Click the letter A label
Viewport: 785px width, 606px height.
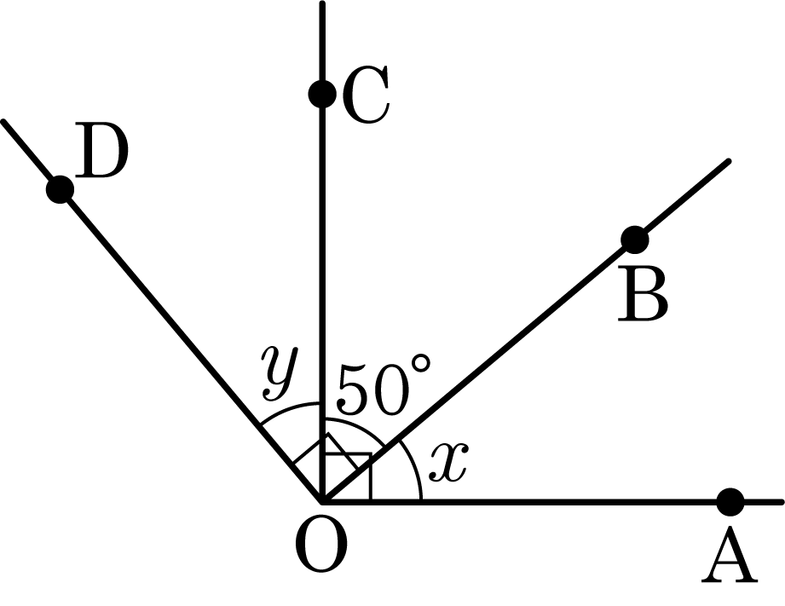click(729, 554)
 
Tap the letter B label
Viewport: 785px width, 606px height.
click(643, 294)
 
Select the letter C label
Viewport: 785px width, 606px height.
click(366, 94)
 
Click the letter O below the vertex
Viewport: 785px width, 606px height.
click(321, 545)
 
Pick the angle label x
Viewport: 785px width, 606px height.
click(449, 462)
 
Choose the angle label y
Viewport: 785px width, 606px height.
click(280, 372)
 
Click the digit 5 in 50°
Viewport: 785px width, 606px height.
click(355, 390)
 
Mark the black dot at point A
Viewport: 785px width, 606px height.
click(730, 501)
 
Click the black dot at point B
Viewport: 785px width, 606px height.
click(635, 240)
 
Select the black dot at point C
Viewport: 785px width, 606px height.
click(322, 94)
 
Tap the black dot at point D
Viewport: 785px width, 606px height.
click(60, 190)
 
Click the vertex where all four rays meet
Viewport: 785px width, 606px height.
click(322, 501)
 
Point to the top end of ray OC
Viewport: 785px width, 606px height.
click(322, 3)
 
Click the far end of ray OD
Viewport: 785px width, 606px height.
click(3, 122)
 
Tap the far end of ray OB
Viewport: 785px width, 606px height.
click(729, 161)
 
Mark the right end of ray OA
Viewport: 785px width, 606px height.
click(781, 501)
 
